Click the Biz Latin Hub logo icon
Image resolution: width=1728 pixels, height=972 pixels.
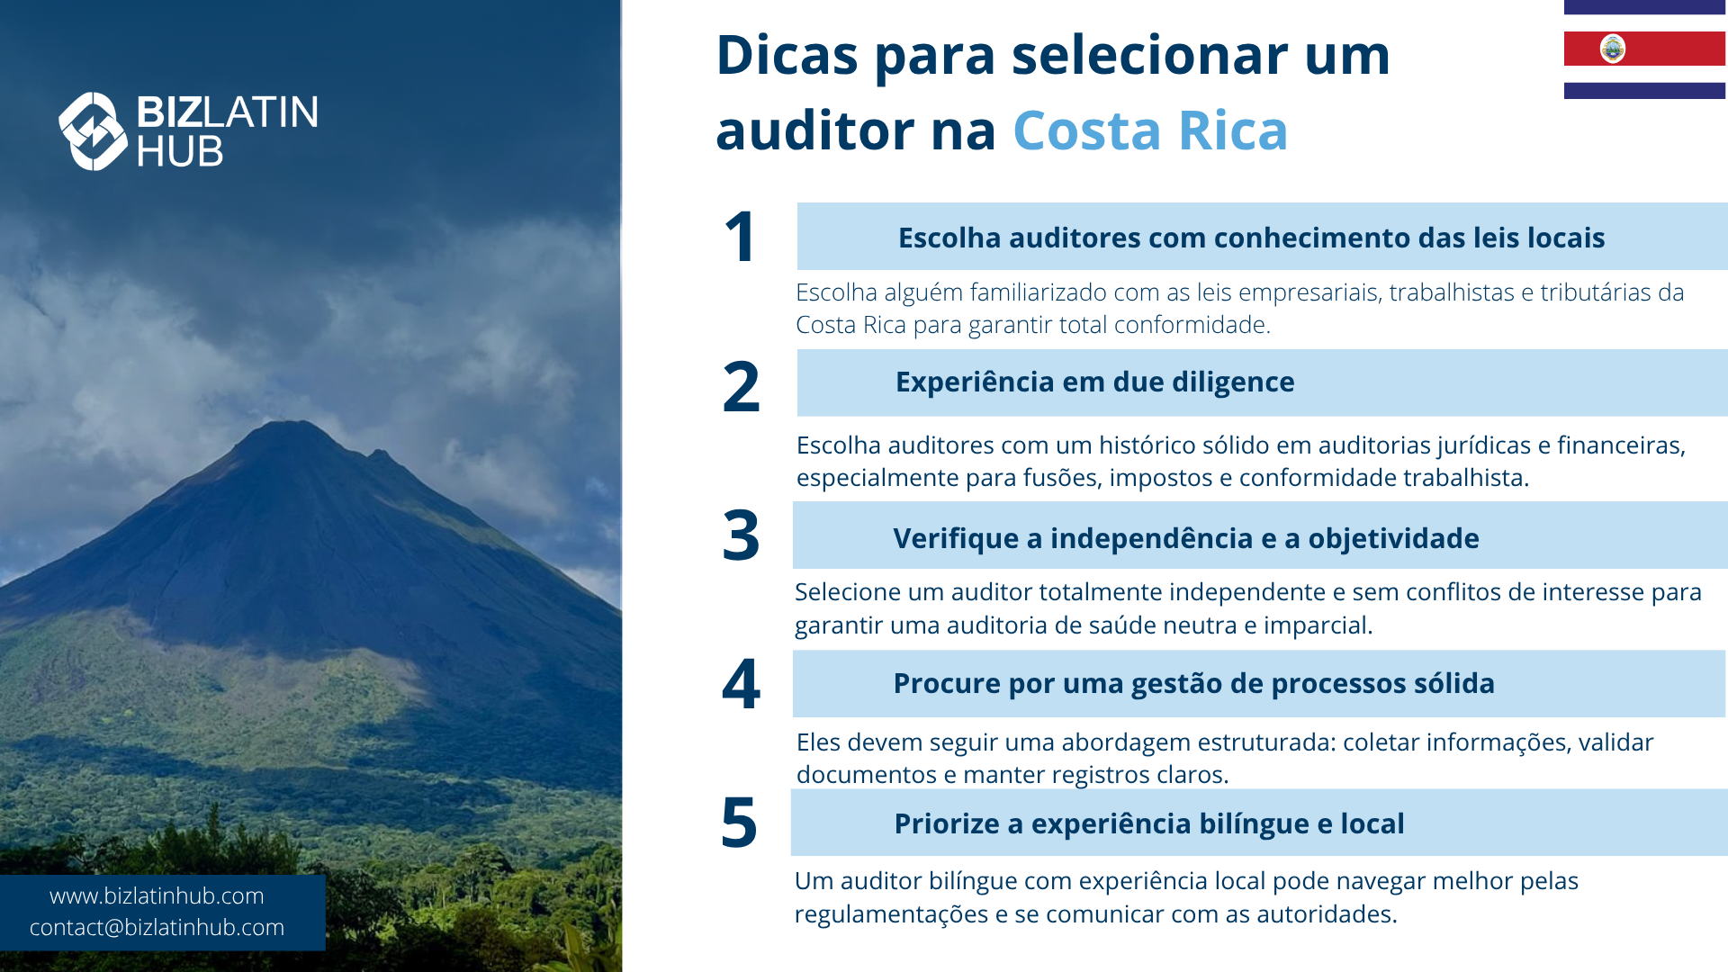[93, 131]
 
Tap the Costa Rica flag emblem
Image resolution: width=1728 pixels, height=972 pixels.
[1613, 49]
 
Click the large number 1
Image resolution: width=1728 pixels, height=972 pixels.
[740, 237]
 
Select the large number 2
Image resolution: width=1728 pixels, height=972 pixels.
[741, 387]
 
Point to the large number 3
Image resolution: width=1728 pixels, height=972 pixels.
[741, 535]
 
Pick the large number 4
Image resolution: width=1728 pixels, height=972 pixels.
[741, 683]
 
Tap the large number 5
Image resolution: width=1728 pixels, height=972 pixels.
[739, 823]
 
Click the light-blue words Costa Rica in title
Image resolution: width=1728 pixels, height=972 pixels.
[1150, 130]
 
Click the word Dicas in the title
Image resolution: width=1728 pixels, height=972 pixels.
[787, 55]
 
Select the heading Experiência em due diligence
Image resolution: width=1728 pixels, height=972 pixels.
[1094, 382]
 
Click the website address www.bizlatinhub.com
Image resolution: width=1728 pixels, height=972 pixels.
[157, 895]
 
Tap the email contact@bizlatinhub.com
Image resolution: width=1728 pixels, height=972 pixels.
[157, 927]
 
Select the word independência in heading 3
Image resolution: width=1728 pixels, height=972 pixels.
[1151, 538]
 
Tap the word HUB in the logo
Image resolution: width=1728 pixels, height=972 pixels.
[180, 152]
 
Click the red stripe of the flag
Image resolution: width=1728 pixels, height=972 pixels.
[1644, 49]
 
